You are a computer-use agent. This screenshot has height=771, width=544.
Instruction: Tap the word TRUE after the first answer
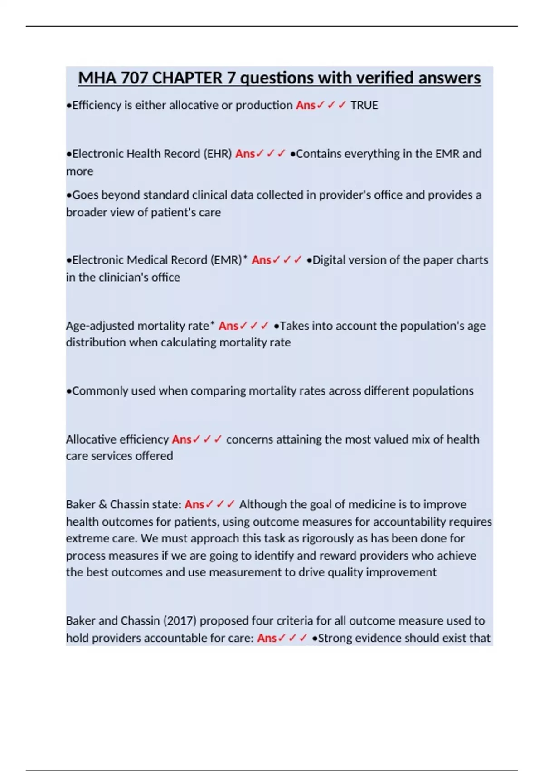click(x=364, y=105)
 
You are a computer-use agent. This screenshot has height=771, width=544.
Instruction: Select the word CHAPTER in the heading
click(x=187, y=78)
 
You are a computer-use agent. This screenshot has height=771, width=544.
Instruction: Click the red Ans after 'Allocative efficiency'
click(x=182, y=439)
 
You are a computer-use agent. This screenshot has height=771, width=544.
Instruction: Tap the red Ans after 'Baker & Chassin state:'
click(x=194, y=504)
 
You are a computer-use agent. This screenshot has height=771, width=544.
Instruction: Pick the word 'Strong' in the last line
click(x=335, y=638)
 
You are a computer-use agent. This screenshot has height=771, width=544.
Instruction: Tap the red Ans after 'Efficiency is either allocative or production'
click(x=306, y=105)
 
